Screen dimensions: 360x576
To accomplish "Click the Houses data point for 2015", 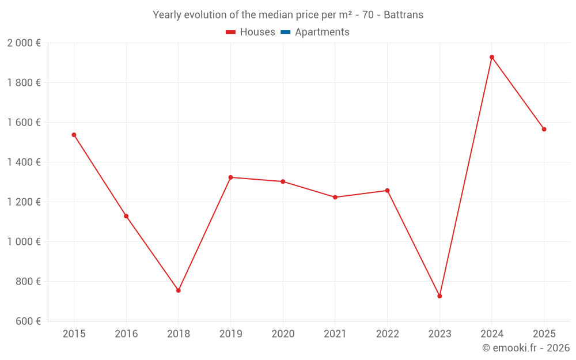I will pos(74,135).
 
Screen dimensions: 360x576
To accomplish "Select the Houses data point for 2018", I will pos(179,290).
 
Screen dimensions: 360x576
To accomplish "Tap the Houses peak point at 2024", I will pos(492,57).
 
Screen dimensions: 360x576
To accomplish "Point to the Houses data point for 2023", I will pos(439,296).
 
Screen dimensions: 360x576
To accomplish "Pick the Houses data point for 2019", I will pos(230,177).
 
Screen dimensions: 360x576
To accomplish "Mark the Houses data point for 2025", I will pos(544,129).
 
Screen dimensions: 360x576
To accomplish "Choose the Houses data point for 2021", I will pos(335,197).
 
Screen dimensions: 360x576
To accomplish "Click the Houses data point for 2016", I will pos(126,216).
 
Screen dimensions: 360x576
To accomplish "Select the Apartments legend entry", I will pos(322,32).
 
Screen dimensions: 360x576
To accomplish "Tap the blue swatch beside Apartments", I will pos(285,32).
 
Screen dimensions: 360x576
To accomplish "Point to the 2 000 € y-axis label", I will pos(24,43).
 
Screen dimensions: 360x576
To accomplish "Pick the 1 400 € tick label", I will pos(24,162).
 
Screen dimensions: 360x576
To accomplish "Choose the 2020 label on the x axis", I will pos(283,334).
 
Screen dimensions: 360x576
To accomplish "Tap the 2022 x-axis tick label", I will pos(387,334).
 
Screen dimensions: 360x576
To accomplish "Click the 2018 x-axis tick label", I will pos(179,334).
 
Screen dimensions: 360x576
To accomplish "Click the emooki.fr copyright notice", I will pos(526,348).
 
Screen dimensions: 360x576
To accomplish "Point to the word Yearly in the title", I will pos(167,15).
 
